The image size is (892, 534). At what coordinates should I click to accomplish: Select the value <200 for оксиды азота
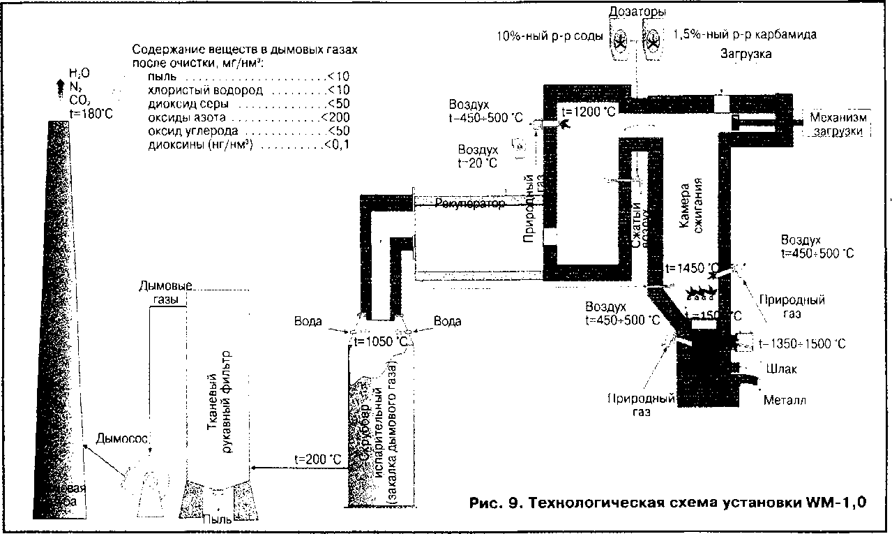tap(335, 117)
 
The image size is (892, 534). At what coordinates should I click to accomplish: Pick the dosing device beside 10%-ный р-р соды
tap(619, 43)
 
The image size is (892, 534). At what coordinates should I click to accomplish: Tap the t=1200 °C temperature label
tap(589, 112)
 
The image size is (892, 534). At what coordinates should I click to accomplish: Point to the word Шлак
tap(780, 369)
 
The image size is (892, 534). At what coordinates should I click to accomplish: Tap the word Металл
tap(785, 400)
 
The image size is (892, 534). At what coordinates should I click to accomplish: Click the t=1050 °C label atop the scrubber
tap(381, 341)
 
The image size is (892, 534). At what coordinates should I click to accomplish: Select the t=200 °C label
tap(318, 459)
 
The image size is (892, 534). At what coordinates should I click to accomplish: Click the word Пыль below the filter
tap(214, 519)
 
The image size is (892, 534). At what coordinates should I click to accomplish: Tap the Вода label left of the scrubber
tap(308, 321)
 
